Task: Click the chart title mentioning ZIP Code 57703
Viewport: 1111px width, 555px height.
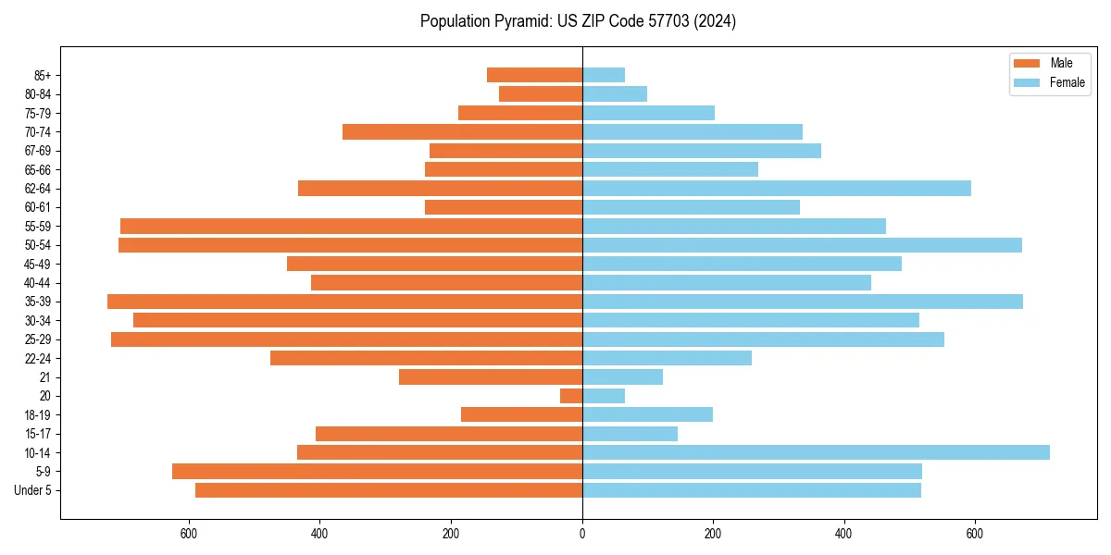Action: [578, 21]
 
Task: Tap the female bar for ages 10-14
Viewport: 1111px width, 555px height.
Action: [816, 452]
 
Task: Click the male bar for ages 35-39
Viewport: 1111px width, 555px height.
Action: [344, 302]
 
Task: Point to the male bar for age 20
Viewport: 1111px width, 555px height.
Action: [571, 396]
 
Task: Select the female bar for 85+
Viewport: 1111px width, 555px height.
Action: [604, 75]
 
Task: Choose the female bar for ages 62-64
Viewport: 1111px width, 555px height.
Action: [776, 189]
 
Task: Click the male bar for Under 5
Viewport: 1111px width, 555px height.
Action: [389, 490]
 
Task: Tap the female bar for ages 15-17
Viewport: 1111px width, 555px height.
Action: [630, 434]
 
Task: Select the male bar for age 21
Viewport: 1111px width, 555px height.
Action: [491, 377]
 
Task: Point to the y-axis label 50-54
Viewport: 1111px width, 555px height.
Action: [38, 245]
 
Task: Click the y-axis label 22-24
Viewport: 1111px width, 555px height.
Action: [38, 359]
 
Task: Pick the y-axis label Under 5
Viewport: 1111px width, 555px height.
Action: [33, 490]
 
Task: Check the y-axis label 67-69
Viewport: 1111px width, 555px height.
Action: [38, 151]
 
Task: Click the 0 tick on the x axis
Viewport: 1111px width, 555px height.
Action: [582, 534]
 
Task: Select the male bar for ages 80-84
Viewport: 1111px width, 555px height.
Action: [541, 94]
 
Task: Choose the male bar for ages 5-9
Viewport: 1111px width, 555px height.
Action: [377, 472]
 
